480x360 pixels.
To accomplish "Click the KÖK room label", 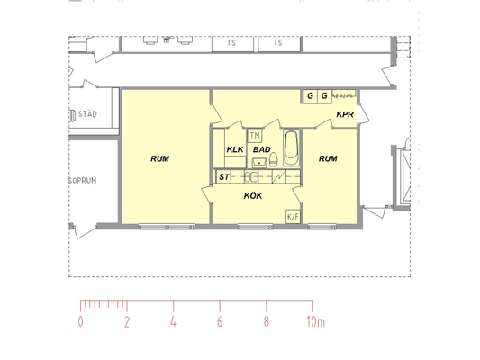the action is [x=253, y=195].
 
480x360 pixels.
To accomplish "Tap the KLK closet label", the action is [x=235, y=149].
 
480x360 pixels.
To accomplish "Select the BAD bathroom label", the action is [x=262, y=149].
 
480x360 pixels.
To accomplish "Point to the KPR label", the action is [x=345, y=114].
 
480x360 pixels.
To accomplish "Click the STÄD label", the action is [x=87, y=114].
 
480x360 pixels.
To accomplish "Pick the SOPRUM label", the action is [x=83, y=181].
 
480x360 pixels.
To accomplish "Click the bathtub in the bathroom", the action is [x=291, y=148].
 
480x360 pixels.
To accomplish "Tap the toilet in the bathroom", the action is [x=274, y=160].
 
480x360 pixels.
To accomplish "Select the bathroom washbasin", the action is [x=259, y=162].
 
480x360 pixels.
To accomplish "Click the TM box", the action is [x=255, y=136].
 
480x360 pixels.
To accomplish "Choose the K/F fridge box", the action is [x=293, y=217].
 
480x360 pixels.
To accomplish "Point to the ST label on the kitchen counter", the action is [x=223, y=177].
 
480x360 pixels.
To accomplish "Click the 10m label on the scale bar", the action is [x=315, y=322].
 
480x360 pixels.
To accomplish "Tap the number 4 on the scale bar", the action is [x=173, y=322].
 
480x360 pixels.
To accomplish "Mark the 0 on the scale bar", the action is [x=80, y=322].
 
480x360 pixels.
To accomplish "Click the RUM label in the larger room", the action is [x=159, y=158].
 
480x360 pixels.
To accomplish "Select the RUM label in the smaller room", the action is [x=328, y=158].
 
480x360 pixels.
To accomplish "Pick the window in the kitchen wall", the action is [x=255, y=227].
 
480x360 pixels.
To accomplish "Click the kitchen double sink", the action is [x=251, y=177].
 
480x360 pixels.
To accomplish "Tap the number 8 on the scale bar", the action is [x=266, y=322].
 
